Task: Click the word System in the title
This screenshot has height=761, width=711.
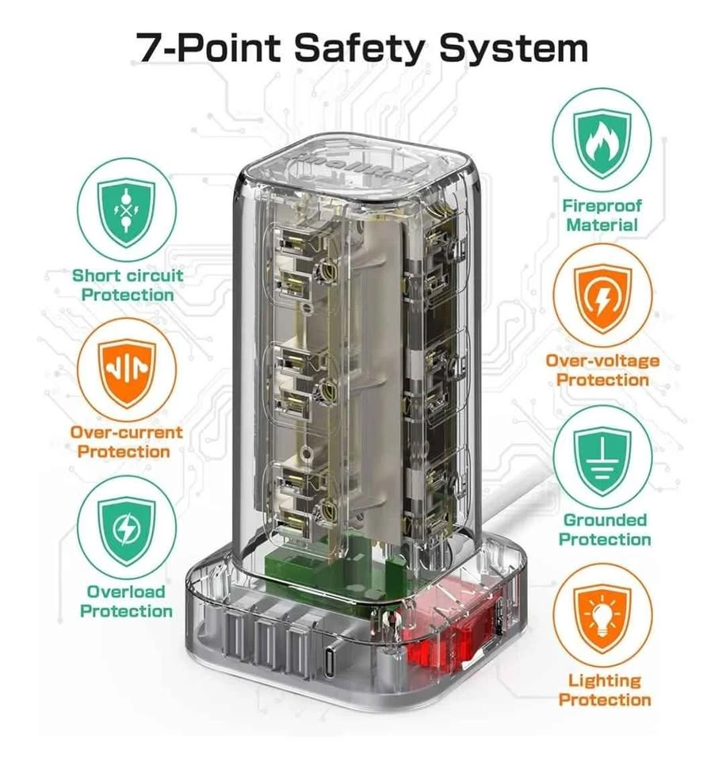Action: pyautogui.click(x=513, y=48)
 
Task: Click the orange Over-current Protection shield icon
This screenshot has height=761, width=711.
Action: pyautogui.click(x=127, y=371)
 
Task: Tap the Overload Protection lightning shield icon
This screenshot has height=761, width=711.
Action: pyautogui.click(x=127, y=530)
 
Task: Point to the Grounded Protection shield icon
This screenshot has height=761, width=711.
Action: pyautogui.click(x=602, y=459)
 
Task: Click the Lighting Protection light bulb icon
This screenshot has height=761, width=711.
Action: pyautogui.click(x=602, y=618)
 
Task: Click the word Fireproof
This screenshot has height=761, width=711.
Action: pyautogui.click(x=602, y=206)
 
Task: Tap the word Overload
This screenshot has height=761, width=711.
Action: pyautogui.click(x=126, y=591)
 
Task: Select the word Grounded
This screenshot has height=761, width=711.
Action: pyautogui.click(x=605, y=520)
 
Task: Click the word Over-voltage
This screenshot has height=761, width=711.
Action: pyautogui.click(x=602, y=361)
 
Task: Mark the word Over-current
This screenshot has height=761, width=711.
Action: pyautogui.click(x=126, y=432)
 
